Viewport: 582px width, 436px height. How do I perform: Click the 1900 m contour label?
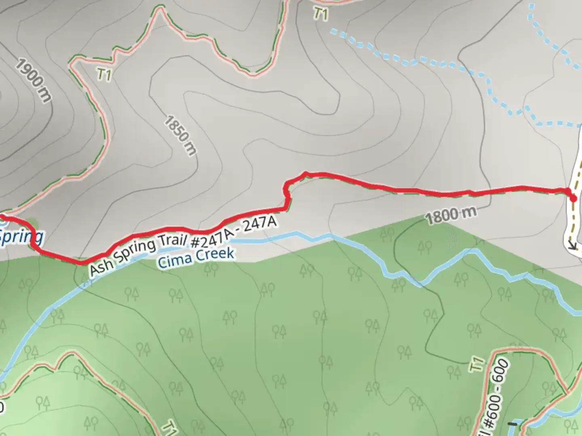pos(34,80)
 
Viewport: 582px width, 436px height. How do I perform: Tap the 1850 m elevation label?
pos(180,135)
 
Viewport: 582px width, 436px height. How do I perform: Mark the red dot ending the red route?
pos(573,198)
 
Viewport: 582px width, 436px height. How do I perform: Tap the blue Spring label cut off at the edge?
pos(20,236)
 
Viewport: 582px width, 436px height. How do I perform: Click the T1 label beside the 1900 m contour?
pos(104,74)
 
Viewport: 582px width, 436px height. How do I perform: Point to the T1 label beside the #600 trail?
pos(477,365)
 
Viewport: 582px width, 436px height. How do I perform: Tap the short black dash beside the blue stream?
pos(513,424)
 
